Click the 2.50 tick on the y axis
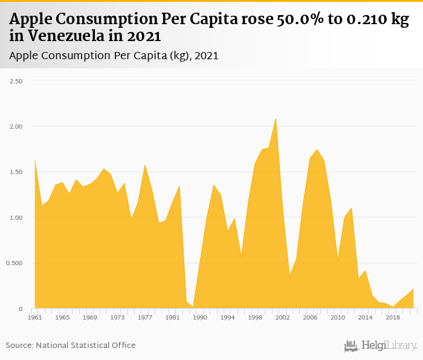click(15, 80)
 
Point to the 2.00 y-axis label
click(15, 126)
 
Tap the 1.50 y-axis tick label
click(15, 172)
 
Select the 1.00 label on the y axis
click(15, 217)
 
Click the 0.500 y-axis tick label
click(14, 263)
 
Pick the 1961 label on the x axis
click(34, 317)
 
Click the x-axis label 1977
click(145, 317)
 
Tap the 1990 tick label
click(200, 317)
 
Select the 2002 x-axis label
click(283, 317)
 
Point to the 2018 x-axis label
click(393, 317)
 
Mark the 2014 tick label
click(365, 317)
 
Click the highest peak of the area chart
click(276, 118)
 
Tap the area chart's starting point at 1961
click(34, 161)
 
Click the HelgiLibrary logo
click(380, 346)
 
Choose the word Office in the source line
click(121, 345)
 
